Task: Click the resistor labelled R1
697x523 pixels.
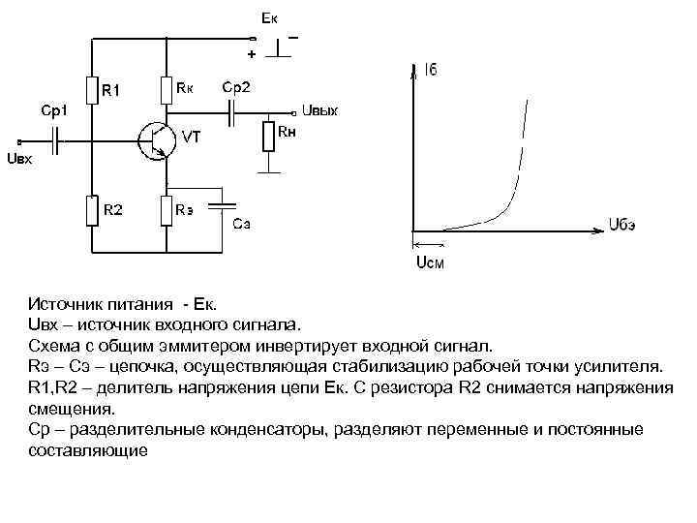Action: pos(93,90)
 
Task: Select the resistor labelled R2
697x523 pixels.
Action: pos(93,210)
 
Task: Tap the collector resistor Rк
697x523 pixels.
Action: pos(167,88)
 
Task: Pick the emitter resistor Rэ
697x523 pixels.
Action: pos(167,210)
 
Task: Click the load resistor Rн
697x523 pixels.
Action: pos(268,136)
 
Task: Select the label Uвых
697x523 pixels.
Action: pos(320,110)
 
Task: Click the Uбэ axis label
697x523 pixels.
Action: pos(623,226)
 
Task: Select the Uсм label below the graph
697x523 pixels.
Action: pos(431,262)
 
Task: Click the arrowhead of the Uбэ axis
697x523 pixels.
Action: pos(599,228)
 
